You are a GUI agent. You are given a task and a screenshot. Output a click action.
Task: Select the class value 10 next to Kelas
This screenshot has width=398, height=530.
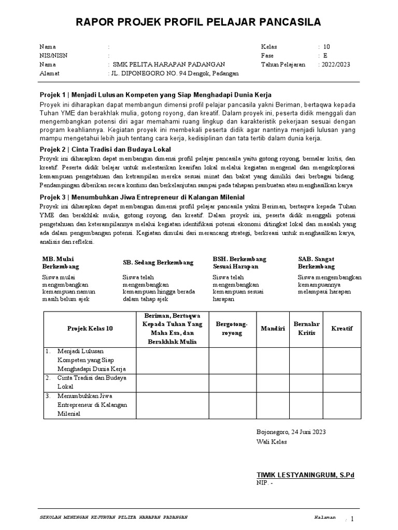click(326, 47)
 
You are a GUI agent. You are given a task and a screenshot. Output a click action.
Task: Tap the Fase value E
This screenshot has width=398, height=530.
click(325, 55)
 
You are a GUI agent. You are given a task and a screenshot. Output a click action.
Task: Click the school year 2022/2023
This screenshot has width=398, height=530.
click(335, 64)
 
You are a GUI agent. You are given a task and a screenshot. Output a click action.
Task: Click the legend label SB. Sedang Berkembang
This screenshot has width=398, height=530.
click(158, 262)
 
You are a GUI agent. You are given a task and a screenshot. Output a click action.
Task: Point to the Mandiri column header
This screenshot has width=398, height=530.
click(273, 328)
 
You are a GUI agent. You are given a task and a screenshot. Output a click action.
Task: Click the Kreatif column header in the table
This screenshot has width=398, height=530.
click(342, 328)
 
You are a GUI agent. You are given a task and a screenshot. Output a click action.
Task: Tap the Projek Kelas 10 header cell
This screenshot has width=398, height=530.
click(90, 328)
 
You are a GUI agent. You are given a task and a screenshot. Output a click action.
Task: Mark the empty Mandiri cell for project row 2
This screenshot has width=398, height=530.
click(273, 382)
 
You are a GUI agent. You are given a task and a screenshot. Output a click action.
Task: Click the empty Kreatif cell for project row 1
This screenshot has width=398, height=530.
click(342, 360)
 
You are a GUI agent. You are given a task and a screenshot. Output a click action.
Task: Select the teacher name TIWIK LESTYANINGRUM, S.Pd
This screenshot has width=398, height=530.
click(306, 475)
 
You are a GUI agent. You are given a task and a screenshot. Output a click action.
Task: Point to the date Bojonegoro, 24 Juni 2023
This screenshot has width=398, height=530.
click(291, 432)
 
